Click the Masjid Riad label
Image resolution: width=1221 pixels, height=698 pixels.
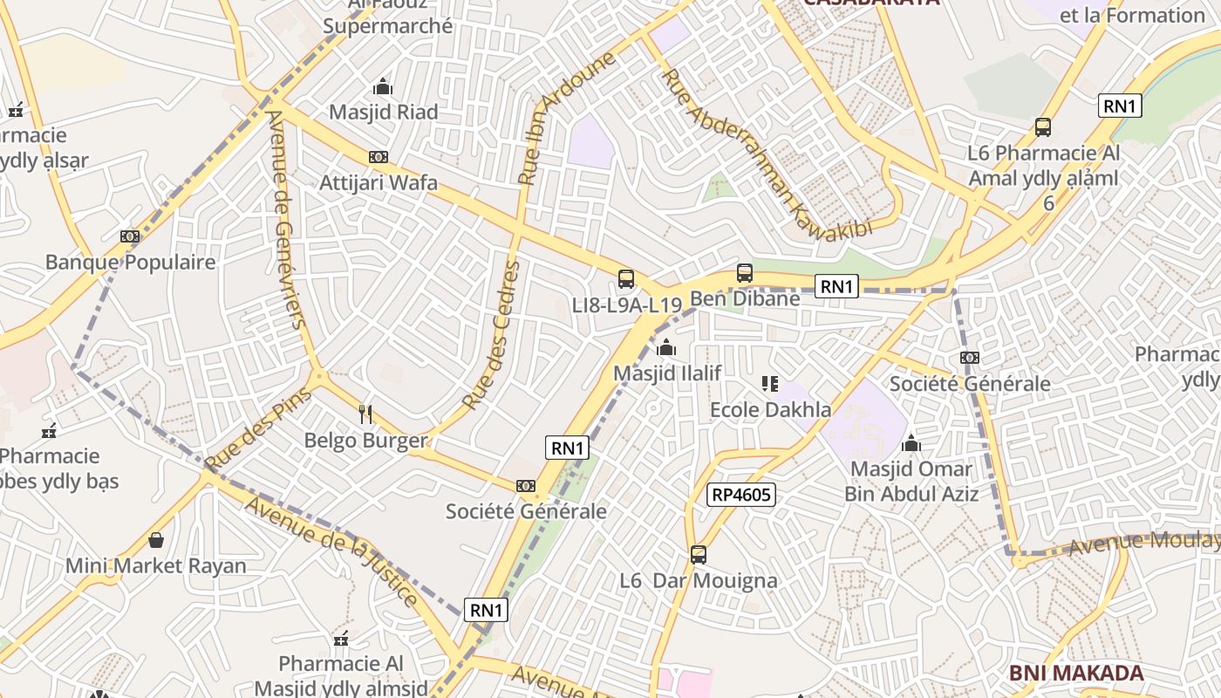[x=383, y=113]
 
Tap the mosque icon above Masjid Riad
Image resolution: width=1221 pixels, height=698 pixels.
[x=383, y=87]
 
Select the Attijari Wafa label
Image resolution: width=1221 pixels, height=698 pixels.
[x=379, y=183]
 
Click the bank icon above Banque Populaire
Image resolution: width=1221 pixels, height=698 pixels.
[x=130, y=236]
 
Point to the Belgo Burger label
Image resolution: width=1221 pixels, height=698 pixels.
[x=366, y=441]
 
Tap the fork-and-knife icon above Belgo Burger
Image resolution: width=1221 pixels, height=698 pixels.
[x=365, y=414]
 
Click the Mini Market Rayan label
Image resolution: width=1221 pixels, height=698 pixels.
[x=156, y=565]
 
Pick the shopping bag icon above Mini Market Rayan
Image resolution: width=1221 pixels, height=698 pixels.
[x=156, y=540]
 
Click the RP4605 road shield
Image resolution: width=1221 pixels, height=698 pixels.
[x=740, y=496]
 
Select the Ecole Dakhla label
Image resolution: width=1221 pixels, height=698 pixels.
[x=770, y=409]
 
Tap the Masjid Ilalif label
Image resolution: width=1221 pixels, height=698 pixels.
[x=667, y=373]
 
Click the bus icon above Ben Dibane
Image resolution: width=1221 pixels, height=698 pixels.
[x=744, y=273]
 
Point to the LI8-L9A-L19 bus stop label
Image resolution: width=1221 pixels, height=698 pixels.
[x=626, y=305]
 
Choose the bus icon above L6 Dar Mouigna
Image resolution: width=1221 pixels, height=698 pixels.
[x=698, y=555]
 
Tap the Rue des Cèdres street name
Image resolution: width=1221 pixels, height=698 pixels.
[x=491, y=336]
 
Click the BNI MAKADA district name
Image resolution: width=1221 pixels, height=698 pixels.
[x=1075, y=674]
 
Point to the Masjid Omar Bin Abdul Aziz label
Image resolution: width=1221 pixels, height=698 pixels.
[x=911, y=482]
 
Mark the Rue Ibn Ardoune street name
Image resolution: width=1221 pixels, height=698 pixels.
[x=567, y=118]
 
